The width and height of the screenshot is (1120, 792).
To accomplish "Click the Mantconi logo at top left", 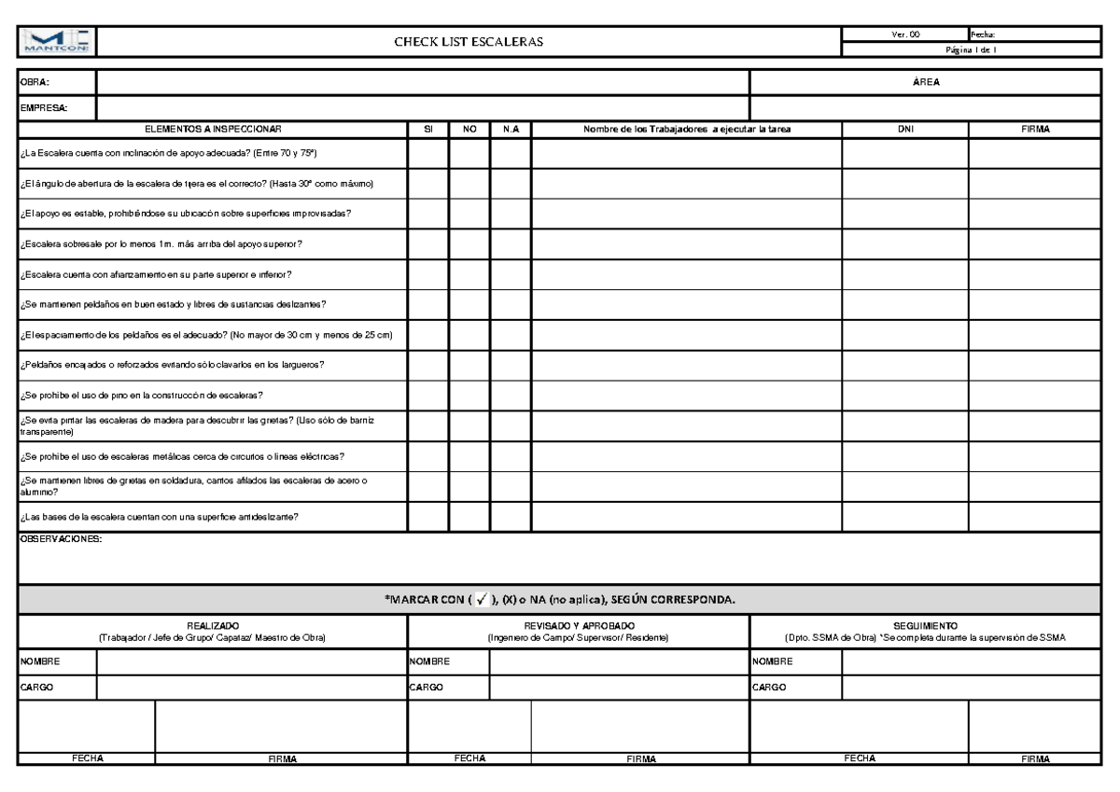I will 55,42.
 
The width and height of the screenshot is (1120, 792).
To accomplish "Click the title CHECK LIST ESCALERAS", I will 469,43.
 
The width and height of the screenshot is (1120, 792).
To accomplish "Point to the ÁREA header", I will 925,83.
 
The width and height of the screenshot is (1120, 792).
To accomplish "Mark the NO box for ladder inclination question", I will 469,151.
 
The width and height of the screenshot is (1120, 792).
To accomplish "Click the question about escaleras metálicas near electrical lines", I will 182,456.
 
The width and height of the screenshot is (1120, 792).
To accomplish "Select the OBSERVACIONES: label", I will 61,538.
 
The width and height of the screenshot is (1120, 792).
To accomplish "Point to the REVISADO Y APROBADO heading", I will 579,625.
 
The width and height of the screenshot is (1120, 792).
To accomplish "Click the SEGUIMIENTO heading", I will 925,625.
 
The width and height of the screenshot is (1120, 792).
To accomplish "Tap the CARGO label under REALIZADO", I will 35,687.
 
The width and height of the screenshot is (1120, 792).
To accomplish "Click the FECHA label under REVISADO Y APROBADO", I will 469,758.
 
